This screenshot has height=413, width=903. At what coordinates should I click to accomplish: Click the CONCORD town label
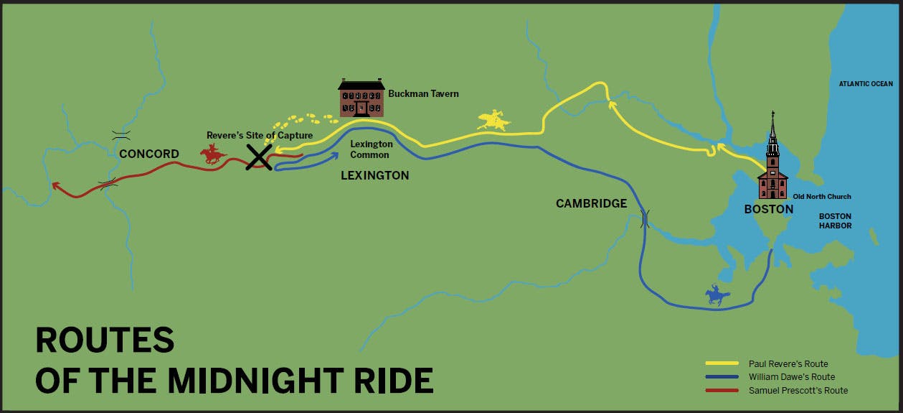coord(149,154)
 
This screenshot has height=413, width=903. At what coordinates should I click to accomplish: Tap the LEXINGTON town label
coord(374,175)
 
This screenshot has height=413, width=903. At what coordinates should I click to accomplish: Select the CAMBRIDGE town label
coord(591,204)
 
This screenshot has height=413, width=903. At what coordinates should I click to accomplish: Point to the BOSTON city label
coord(768,210)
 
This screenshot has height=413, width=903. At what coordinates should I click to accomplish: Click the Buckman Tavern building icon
coord(361,98)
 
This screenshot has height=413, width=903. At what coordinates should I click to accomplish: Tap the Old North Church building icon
coord(772,162)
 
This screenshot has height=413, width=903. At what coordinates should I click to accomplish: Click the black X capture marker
coord(258,157)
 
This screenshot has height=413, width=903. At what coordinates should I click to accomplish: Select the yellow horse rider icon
coord(493,120)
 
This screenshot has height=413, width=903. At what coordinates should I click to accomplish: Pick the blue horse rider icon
coord(717,295)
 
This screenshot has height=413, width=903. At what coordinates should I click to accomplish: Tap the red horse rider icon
coord(213,153)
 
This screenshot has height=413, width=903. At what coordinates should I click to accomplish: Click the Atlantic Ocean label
coord(866,84)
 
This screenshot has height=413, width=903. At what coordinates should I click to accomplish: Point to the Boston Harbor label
coord(836,221)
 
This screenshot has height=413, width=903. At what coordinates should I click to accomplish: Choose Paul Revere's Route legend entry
coord(788,364)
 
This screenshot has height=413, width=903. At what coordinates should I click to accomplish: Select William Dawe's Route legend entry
coord(791,377)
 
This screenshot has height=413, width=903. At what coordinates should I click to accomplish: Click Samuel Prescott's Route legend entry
coord(798,390)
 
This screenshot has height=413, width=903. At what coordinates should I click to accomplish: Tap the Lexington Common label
coord(371,149)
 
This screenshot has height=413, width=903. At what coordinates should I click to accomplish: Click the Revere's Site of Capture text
coord(259,135)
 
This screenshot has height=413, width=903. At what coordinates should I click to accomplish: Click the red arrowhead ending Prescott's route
coord(55,186)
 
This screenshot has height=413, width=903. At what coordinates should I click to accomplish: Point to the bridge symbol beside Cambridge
coord(644,218)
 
